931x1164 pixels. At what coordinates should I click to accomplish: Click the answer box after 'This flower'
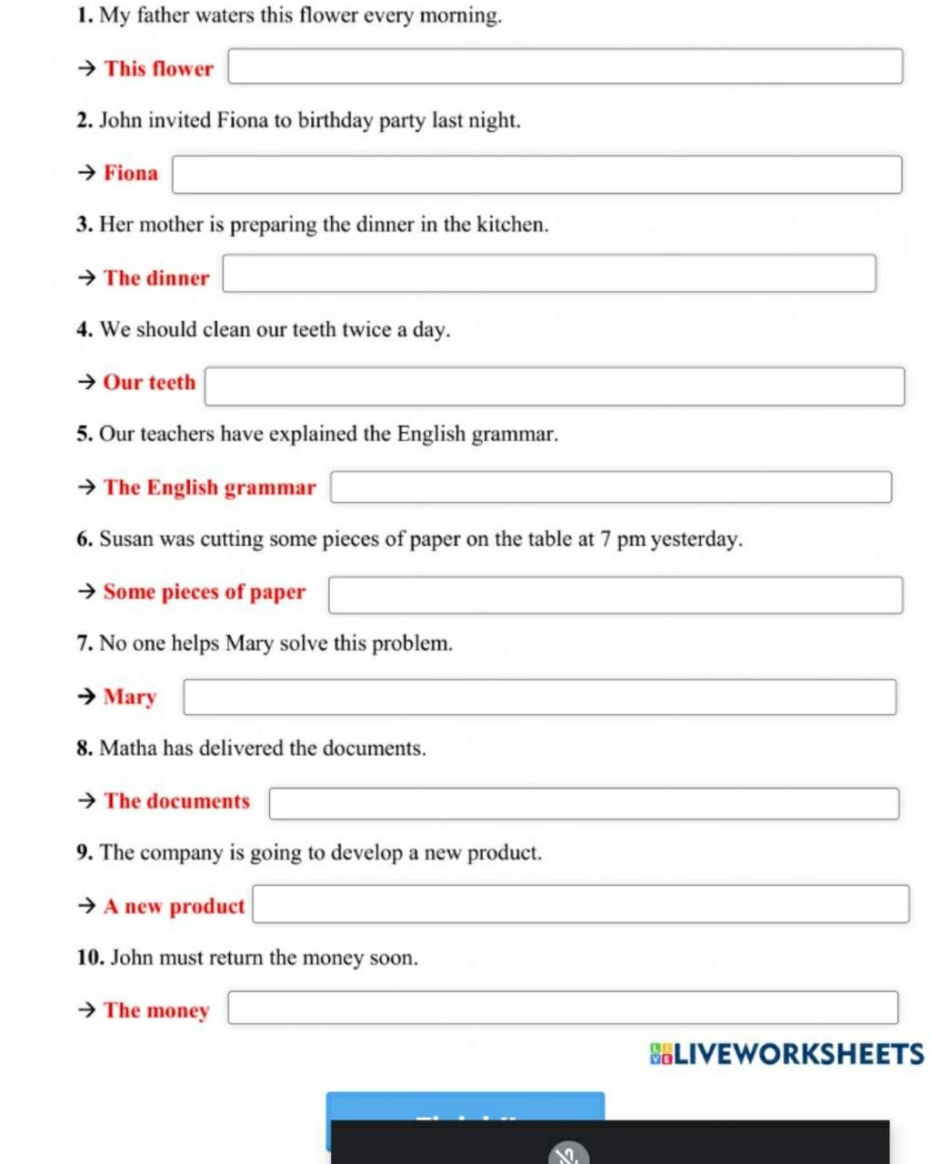pyautogui.click(x=565, y=67)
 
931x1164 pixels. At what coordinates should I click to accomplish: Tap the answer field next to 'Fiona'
pyautogui.click(x=536, y=174)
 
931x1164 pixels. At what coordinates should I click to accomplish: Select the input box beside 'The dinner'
pyautogui.click(x=549, y=274)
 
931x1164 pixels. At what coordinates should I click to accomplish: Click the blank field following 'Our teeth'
pyautogui.click(x=555, y=386)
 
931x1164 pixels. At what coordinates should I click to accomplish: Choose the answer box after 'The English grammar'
pyautogui.click(x=610, y=487)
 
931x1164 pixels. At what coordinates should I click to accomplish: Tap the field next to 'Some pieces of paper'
pyautogui.click(x=616, y=595)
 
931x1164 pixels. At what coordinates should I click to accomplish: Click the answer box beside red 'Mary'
pyautogui.click(x=539, y=697)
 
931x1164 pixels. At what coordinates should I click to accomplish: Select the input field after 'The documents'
pyautogui.click(x=584, y=803)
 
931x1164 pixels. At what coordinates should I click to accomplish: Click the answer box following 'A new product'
pyautogui.click(x=580, y=904)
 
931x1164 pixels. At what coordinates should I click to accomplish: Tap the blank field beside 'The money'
pyautogui.click(x=563, y=1008)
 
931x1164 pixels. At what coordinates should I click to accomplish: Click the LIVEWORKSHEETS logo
pyautogui.click(x=786, y=1054)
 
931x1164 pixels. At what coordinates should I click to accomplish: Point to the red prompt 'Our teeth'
pyautogui.click(x=149, y=383)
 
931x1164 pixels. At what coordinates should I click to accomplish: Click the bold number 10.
pyautogui.click(x=90, y=958)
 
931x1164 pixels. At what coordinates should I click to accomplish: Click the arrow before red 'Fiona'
pyautogui.click(x=86, y=173)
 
